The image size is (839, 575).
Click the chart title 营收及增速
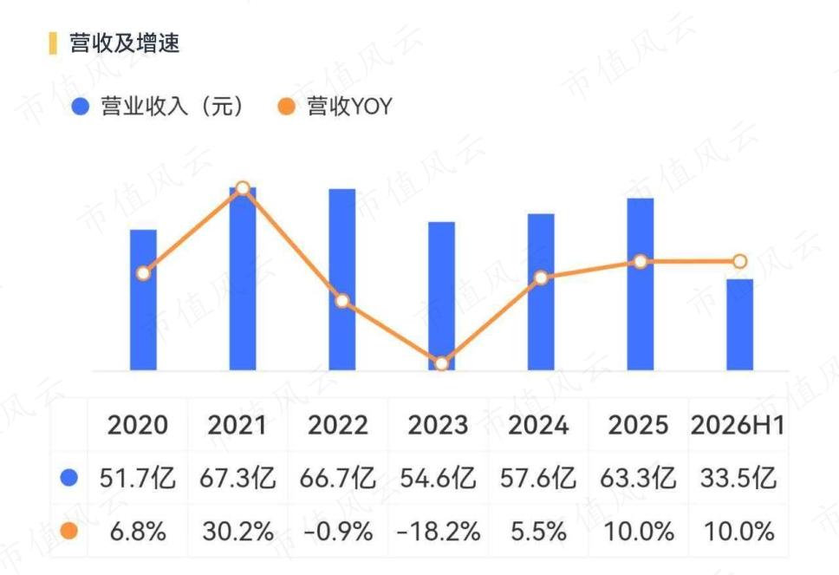(124, 43)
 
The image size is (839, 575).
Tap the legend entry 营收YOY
(335, 106)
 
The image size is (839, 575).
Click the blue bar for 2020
(143, 300)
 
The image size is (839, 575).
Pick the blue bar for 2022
(341, 279)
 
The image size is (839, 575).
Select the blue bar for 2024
(541, 291)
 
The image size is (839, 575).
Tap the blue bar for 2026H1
(739, 324)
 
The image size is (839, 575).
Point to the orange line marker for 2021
(243, 188)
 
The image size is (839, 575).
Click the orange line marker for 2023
(441, 363)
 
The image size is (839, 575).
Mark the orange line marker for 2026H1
(739, 261)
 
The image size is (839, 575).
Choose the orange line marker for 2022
(341, 300)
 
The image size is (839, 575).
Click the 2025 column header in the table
(638, 425)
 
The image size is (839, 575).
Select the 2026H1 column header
(738, 425)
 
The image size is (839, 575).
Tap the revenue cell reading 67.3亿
(237, 478)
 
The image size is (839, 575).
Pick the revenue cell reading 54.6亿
(438, 478)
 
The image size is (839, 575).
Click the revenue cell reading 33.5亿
(738, 478)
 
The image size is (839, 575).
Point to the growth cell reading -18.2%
(438, 532)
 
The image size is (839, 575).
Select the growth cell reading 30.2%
(237, 532)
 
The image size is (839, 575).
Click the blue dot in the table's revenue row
(69, 478)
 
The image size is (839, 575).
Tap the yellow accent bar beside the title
(52, 43)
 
